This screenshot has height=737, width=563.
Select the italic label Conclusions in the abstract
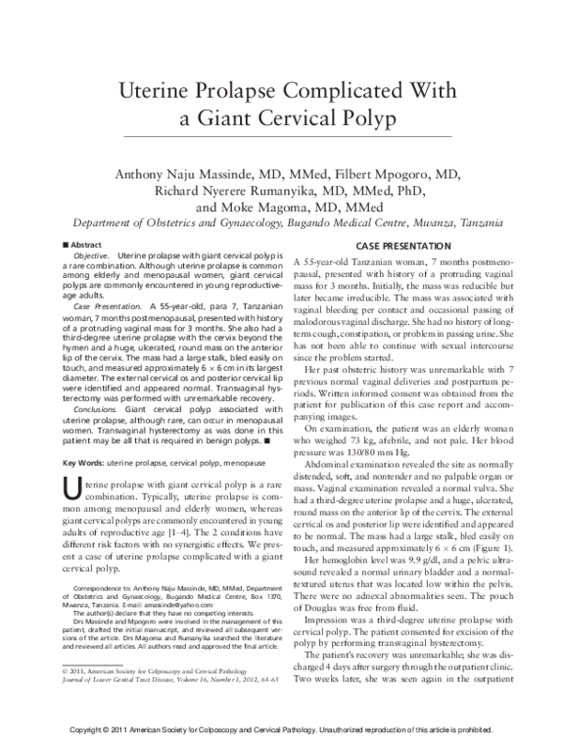pyautogui.click(x=98, y=409)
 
